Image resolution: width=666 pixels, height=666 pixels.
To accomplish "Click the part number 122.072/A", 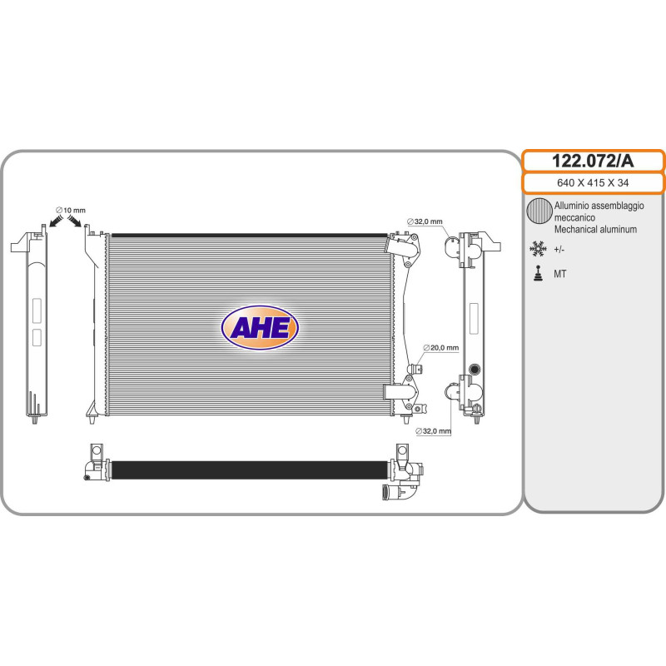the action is [593, 161].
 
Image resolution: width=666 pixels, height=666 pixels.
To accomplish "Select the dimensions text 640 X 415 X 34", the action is [593, 182].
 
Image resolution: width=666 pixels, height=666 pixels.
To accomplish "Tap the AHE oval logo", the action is [260, 327].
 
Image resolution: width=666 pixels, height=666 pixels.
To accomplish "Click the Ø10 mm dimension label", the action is [71, 211].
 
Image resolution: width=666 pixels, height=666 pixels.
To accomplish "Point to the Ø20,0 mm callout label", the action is [441, 347].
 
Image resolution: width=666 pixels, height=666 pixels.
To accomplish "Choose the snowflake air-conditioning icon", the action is [538, 249].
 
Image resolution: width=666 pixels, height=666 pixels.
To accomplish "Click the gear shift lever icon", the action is [539, 274].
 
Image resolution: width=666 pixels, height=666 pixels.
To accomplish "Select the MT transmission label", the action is [559, 275].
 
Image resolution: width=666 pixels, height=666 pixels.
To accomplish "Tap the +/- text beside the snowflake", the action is [559, 250].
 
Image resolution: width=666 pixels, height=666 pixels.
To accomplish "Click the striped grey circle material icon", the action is [539, 211].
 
